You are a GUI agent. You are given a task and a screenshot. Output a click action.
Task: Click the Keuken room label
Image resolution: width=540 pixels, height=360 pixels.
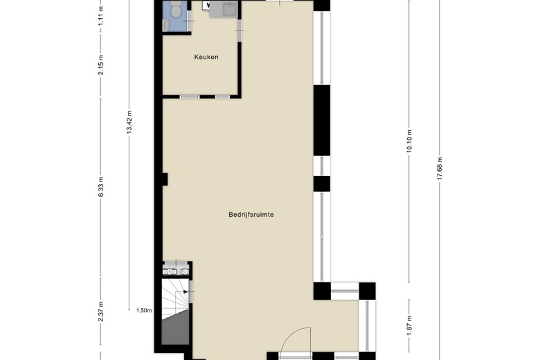coord(206,57)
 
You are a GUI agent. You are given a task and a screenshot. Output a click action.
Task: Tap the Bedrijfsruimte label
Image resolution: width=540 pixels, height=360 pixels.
coord(251,215)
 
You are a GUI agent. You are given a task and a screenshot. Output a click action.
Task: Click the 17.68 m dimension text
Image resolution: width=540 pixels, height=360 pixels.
coord(439,168)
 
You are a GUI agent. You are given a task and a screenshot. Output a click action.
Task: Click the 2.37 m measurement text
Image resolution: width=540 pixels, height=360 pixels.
coord(101,310)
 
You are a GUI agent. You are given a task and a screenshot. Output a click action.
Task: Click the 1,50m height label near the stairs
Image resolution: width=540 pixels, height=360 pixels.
coord(143,311)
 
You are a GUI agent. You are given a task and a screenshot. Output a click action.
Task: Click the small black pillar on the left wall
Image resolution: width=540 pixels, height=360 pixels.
coord(165,179)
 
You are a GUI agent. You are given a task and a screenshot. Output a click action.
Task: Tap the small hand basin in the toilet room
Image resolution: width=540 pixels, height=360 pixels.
coord(166,25)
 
